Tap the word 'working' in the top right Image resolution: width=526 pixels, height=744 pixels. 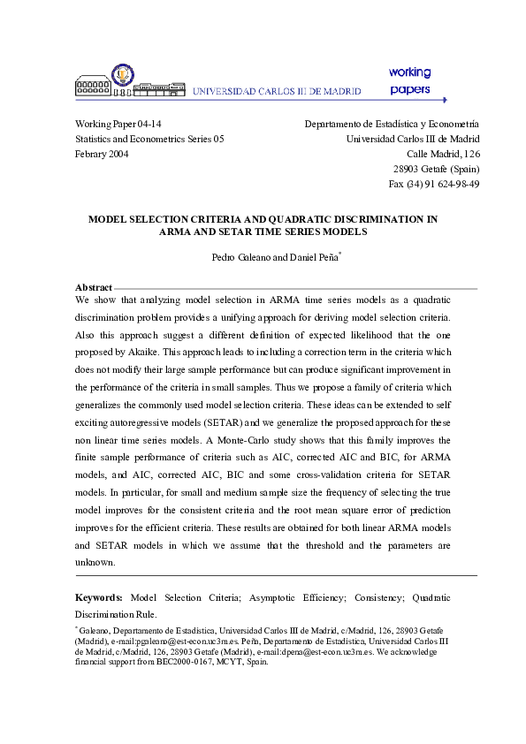[x=408, y=72]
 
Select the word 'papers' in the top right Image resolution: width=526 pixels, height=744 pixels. [x=409, y=89]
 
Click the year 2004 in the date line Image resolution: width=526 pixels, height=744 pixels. [x=118, y=154]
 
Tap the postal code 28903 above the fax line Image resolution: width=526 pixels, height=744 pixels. [x=407, y=169]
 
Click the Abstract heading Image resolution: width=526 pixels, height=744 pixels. [x=94, y=287]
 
